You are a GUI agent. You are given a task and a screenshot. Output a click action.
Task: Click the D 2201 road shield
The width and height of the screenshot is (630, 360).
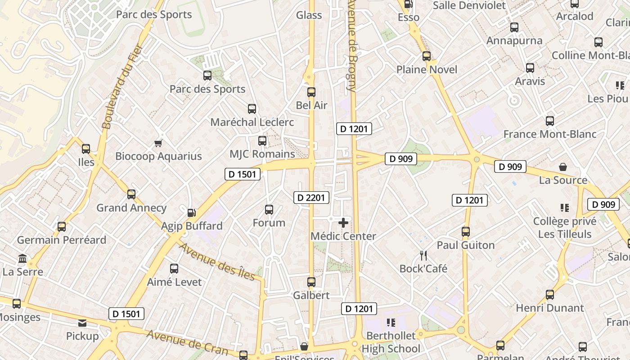click(x=311, y=197)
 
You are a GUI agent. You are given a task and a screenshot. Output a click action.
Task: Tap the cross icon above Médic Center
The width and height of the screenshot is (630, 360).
click(x=343, y=223)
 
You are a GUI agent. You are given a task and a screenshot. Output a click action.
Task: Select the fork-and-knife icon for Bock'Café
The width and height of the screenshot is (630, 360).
click(x=423, y=256)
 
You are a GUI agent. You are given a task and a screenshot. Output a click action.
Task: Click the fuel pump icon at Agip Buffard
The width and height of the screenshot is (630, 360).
click(x=192, y=212)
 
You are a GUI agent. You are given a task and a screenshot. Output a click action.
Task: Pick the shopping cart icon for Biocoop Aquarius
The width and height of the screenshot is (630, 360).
click(x=158, y=143)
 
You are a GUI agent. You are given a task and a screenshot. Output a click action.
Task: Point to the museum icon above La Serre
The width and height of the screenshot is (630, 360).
click(x=22, y=259)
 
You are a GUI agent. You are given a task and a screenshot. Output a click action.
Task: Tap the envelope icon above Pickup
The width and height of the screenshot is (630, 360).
click(x=82, y=323)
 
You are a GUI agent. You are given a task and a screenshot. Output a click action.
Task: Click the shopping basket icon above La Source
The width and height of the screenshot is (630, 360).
click(x=563, y=167)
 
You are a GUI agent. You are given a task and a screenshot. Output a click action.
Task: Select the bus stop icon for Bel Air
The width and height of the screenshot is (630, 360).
click(x=311, y=92)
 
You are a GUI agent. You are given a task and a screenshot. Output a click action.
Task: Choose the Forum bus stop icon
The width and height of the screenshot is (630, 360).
click(x=269, y=210)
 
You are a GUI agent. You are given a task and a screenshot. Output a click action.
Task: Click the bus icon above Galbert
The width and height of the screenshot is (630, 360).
click(x=311, y=282)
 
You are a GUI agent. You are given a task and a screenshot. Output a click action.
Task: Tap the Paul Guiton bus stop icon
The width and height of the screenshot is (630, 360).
click(x=466, y=232)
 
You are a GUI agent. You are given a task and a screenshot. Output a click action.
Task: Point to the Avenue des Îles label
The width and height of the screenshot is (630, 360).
click(x=217, y=261)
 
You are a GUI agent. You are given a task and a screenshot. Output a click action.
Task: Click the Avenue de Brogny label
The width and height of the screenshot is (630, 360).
click(x=352, y=45)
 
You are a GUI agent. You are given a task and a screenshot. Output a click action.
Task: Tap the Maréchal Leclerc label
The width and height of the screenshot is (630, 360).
click(x=252, y=122)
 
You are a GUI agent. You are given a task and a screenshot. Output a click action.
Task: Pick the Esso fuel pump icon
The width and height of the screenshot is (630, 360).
click(x=409, y=4)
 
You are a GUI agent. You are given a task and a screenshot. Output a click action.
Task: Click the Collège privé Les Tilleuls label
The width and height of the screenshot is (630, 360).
click(x=565, y=228)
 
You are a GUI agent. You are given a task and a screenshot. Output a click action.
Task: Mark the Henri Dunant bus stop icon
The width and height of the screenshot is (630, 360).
click(x=550, y=295)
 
